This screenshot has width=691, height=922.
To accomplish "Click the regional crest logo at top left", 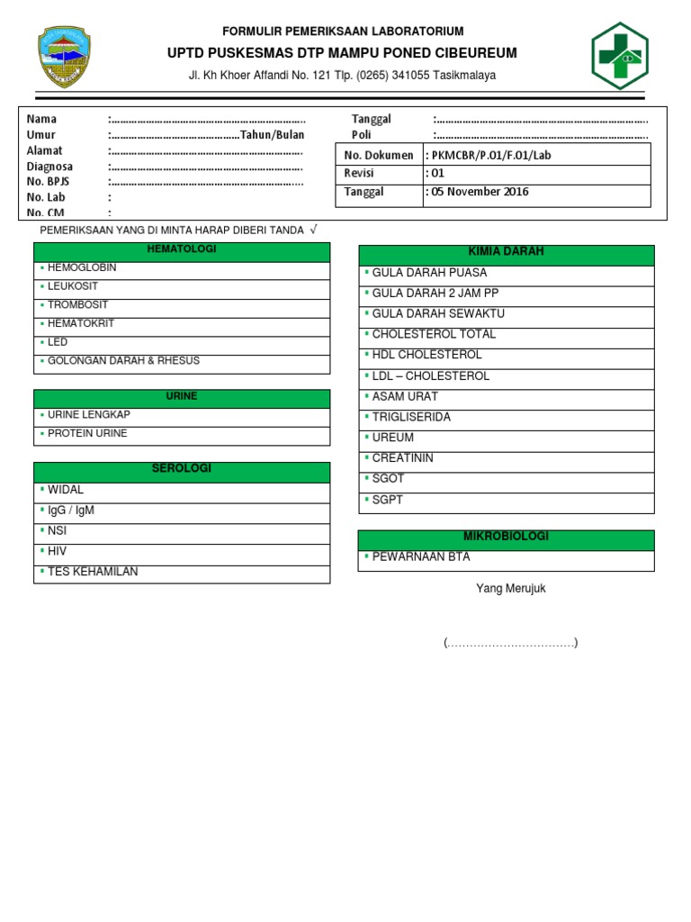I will (x=64, y=56).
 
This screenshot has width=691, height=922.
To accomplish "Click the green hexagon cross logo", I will (x=619, y=55).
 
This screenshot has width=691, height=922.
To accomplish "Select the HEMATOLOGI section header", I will (x=182, y=249).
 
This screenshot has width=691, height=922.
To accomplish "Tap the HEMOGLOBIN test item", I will (x=82, y=268).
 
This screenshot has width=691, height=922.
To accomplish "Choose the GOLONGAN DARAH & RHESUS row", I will (x=123, y=361).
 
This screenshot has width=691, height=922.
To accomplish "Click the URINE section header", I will (x=182, y=397).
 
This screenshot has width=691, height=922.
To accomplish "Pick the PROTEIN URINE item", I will (x=87, y=434).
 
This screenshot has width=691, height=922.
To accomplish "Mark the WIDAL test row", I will (x=66, y=490).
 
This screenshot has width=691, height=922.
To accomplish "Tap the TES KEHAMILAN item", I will (x=93, y=572).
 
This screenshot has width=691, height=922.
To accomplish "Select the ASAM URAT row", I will (x=405, y=397).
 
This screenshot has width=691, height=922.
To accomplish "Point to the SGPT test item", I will (x=389, y=501).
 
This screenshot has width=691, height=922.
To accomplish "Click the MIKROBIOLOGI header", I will (x=506, y=538).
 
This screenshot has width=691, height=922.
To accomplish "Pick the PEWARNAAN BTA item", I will (x=421, y=557).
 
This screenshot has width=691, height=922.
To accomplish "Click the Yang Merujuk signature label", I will (x=510, y=589).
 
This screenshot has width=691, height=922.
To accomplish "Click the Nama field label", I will (x=42, y=120).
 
